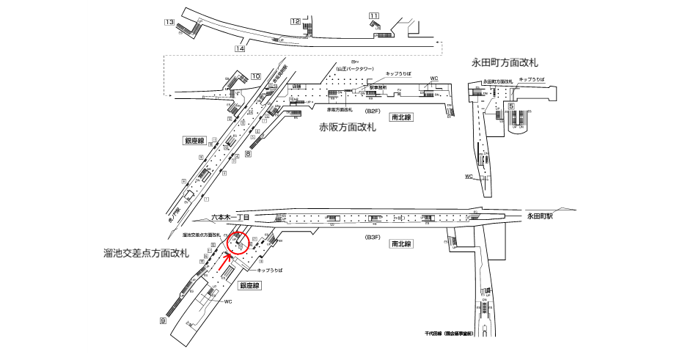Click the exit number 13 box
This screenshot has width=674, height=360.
click(169, 23)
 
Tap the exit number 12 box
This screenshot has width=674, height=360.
click(295, 21)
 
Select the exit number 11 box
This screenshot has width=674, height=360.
click(374, 15)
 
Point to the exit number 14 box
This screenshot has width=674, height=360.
click(239, 48)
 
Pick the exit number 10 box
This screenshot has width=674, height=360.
click(256, 76)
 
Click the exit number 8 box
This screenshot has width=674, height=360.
click(248, 154)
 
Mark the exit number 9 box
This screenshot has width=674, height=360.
click(164, 320)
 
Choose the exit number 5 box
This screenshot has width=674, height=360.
click(509, 107)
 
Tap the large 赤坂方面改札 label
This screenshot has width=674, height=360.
click(348, 127)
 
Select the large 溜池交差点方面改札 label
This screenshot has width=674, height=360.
click(147, 253)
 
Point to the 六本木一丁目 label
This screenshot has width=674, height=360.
click(231, 217)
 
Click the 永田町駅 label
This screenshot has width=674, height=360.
click(543, 216)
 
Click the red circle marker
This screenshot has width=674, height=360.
click(238, 243)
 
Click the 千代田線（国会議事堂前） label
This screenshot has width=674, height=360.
click(449, 334)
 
